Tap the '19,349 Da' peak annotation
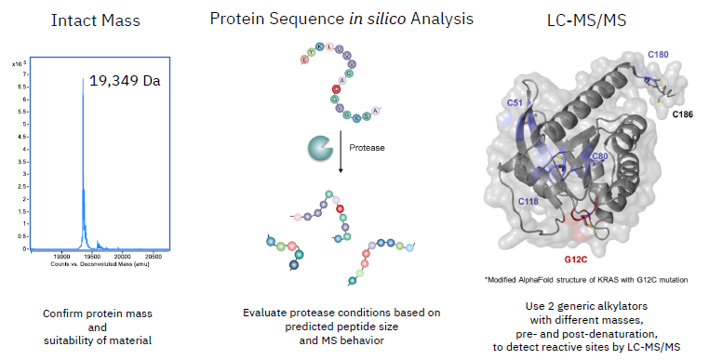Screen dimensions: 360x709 pos(125,81)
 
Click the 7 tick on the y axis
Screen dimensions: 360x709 pos(26,73)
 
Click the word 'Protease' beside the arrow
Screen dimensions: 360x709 pos(367,148)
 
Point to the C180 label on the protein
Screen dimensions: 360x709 pos(659,55)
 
